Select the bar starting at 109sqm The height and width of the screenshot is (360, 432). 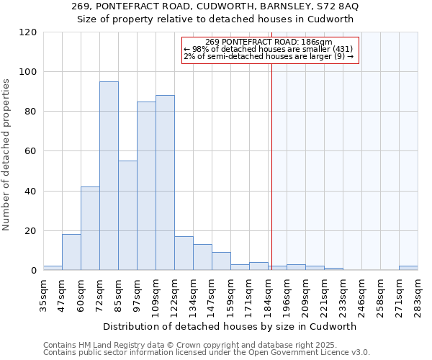tap(165, 183)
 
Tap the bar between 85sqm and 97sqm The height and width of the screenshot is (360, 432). tap(127, 215)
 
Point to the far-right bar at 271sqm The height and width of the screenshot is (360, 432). tap(408, 269)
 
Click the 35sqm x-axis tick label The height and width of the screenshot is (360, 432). tap(43, 294)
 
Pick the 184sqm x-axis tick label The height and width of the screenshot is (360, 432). tap(268, 294)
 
